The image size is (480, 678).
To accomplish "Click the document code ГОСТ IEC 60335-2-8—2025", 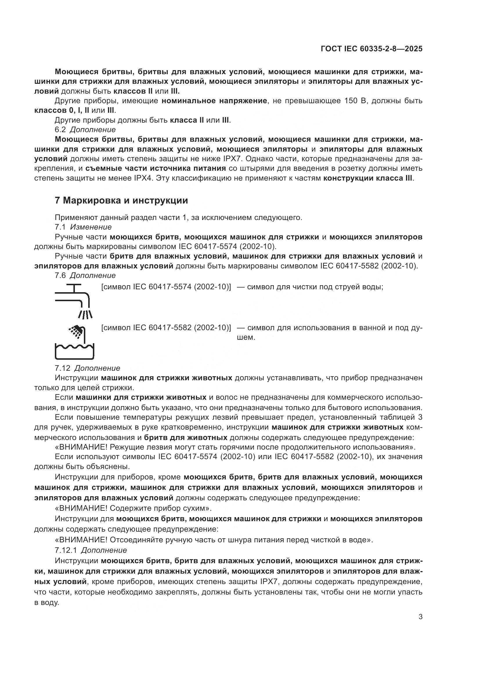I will tap(371, 49).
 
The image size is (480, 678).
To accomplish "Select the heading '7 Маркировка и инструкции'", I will tap(121, 201).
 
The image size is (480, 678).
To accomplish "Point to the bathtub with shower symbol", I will tap(74, 343).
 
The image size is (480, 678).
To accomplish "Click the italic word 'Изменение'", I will tap(91, 227).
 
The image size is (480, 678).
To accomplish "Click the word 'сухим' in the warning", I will tap(196, 508).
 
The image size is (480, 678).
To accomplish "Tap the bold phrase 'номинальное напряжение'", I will tap(214, 101).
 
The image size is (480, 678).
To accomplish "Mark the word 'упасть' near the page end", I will tap(409, 592).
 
